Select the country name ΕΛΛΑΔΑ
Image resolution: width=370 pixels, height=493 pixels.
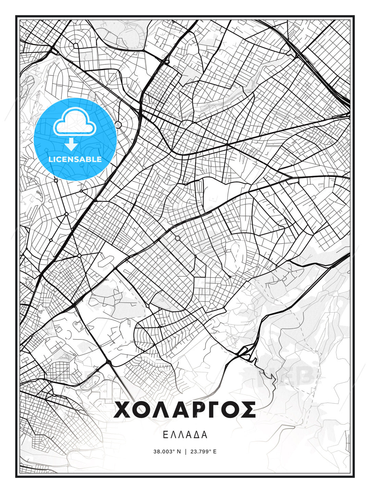pyautogui.click(x=185, y=435)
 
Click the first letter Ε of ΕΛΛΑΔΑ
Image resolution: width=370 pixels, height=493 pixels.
pyautogui.click(x=165, y=435)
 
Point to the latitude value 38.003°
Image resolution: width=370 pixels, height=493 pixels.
pyautogui.click(x=164, y=452)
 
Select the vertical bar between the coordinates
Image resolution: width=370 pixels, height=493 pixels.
pyautogui.click(x=185, y=452)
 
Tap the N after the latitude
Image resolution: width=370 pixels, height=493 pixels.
pyautogui.click(x=178, y=452)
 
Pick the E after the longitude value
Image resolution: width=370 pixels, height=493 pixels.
pyautogui.click(x=215, y=452)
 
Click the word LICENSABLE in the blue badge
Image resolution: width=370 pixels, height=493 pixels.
pyautogui.click(x=75, y=159)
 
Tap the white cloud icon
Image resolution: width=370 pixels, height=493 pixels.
pyautogui.click(x=74, y=122)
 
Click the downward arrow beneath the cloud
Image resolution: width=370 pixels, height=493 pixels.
pyautogui.click(x=71, y=144)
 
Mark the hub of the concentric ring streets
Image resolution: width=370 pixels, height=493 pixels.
pyautogui.click(x=75, y=45)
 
